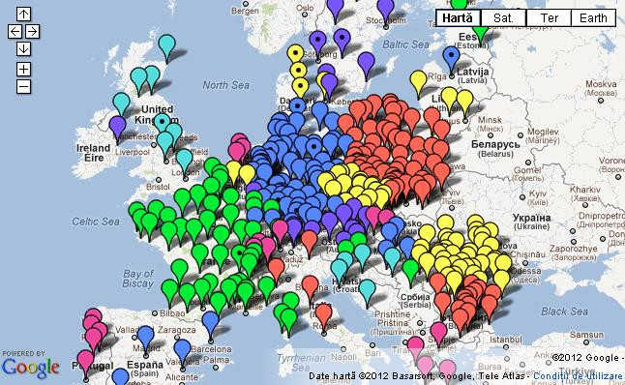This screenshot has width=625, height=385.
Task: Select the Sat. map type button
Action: pos(503,17)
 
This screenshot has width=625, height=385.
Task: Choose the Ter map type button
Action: pos(548,17)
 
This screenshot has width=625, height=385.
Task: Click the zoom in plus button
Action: pos(23,69)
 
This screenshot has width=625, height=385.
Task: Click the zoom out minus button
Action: pos(23,86)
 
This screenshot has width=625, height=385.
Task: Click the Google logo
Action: pos(30,367)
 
